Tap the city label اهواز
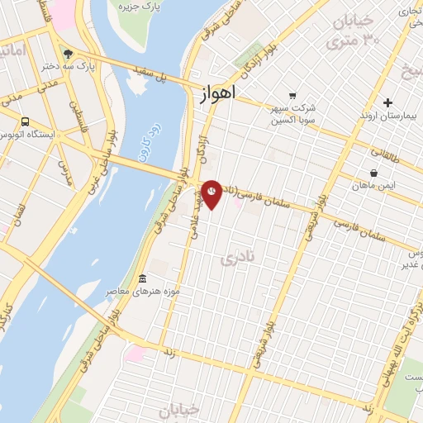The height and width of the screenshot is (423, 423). [x=217, y=94]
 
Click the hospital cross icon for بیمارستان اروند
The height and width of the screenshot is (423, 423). [x=387, y=102]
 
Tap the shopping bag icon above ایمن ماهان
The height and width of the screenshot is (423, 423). [x=374, y=173]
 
